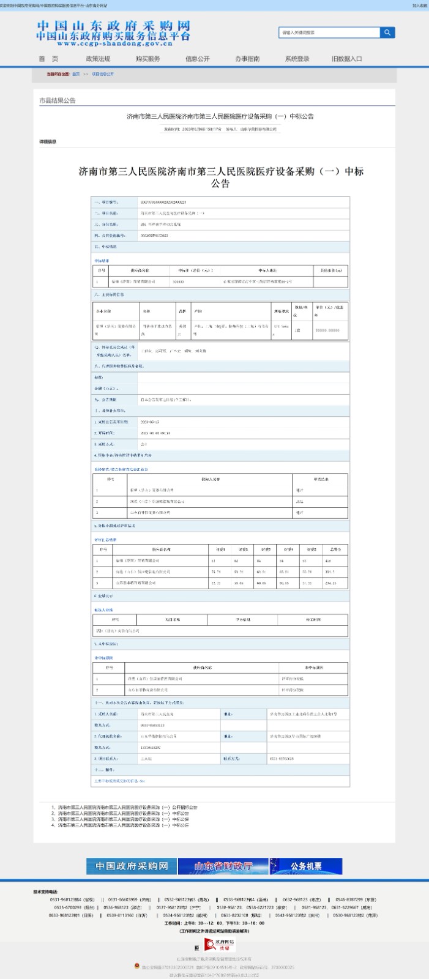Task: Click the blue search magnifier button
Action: click(387, 32)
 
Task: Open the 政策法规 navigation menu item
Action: click(98, 59)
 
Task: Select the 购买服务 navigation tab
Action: click(147, 59)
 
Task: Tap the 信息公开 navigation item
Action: click(197, 59)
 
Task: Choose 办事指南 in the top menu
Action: click(247, 59)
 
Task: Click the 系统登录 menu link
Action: click(297, 59)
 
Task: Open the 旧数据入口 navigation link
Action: click(347, 59)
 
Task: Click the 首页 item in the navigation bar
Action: click(48, 59)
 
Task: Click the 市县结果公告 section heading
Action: click(58, 100)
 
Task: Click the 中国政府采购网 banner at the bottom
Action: click(132, 866)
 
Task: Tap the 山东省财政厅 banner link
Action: click(223, 866)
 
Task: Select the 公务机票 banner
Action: click(306, 866)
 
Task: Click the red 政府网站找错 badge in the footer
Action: click(220, 945)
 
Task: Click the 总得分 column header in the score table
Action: click(335, 549)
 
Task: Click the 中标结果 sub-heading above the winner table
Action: click(102, 261)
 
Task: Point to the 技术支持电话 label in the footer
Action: click(45, 892)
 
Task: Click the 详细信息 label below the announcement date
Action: click(48, 142)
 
